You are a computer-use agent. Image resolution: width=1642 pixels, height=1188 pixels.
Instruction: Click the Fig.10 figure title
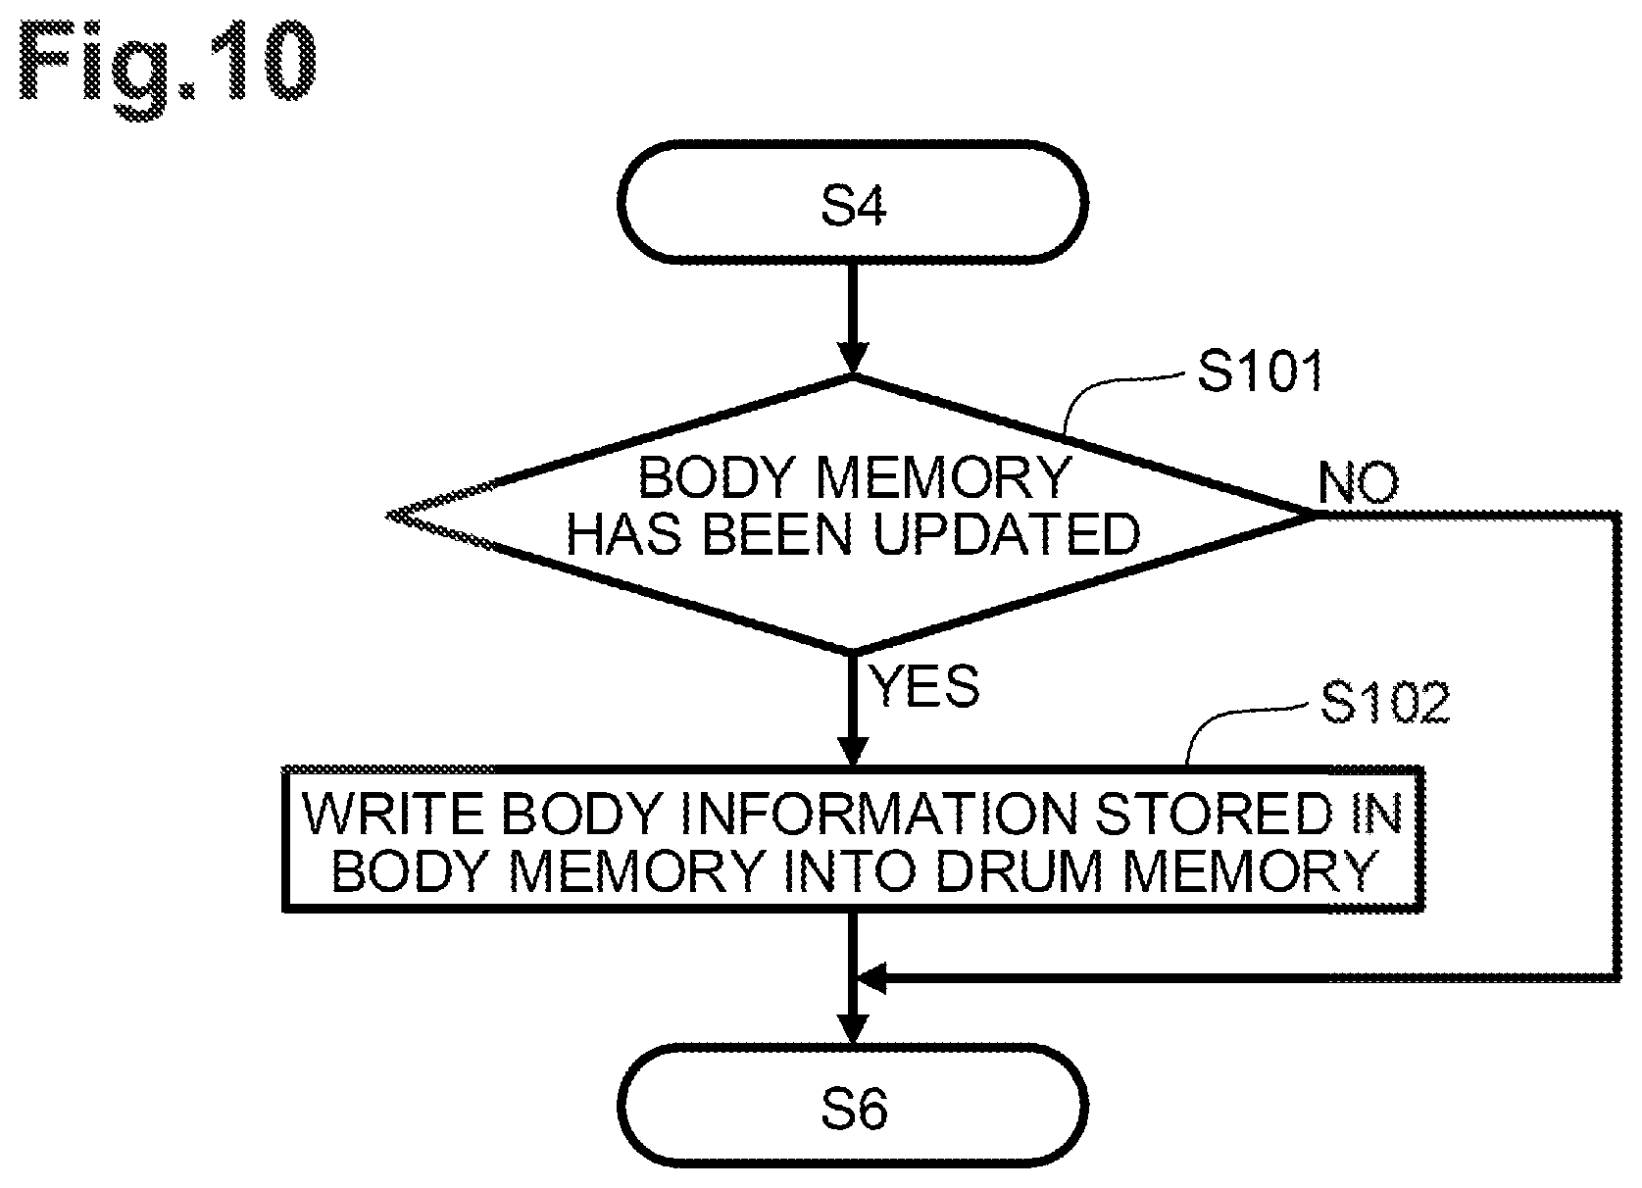167,68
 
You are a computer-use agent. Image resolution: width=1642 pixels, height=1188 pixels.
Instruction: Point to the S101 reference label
1260,371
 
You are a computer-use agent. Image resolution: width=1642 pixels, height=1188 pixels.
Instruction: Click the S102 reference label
1385,702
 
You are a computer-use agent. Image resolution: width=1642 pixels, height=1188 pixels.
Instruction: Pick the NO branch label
1359,483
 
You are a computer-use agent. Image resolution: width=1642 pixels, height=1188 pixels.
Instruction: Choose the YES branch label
923,686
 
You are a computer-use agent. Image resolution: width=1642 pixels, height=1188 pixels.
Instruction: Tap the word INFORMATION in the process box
879,815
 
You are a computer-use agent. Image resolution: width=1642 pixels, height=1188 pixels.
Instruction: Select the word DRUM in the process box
1020,872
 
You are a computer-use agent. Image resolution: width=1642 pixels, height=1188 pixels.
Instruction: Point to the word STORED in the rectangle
1214,815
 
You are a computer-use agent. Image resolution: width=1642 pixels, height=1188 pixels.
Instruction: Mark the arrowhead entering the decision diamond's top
853,358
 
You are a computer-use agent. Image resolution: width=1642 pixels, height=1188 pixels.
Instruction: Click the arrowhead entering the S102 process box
853,750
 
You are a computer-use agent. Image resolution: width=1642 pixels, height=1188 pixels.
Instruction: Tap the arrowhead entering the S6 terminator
853,1028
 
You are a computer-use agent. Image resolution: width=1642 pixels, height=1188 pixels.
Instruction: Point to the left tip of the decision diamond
387,516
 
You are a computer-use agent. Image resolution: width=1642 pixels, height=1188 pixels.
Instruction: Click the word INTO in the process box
851,872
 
